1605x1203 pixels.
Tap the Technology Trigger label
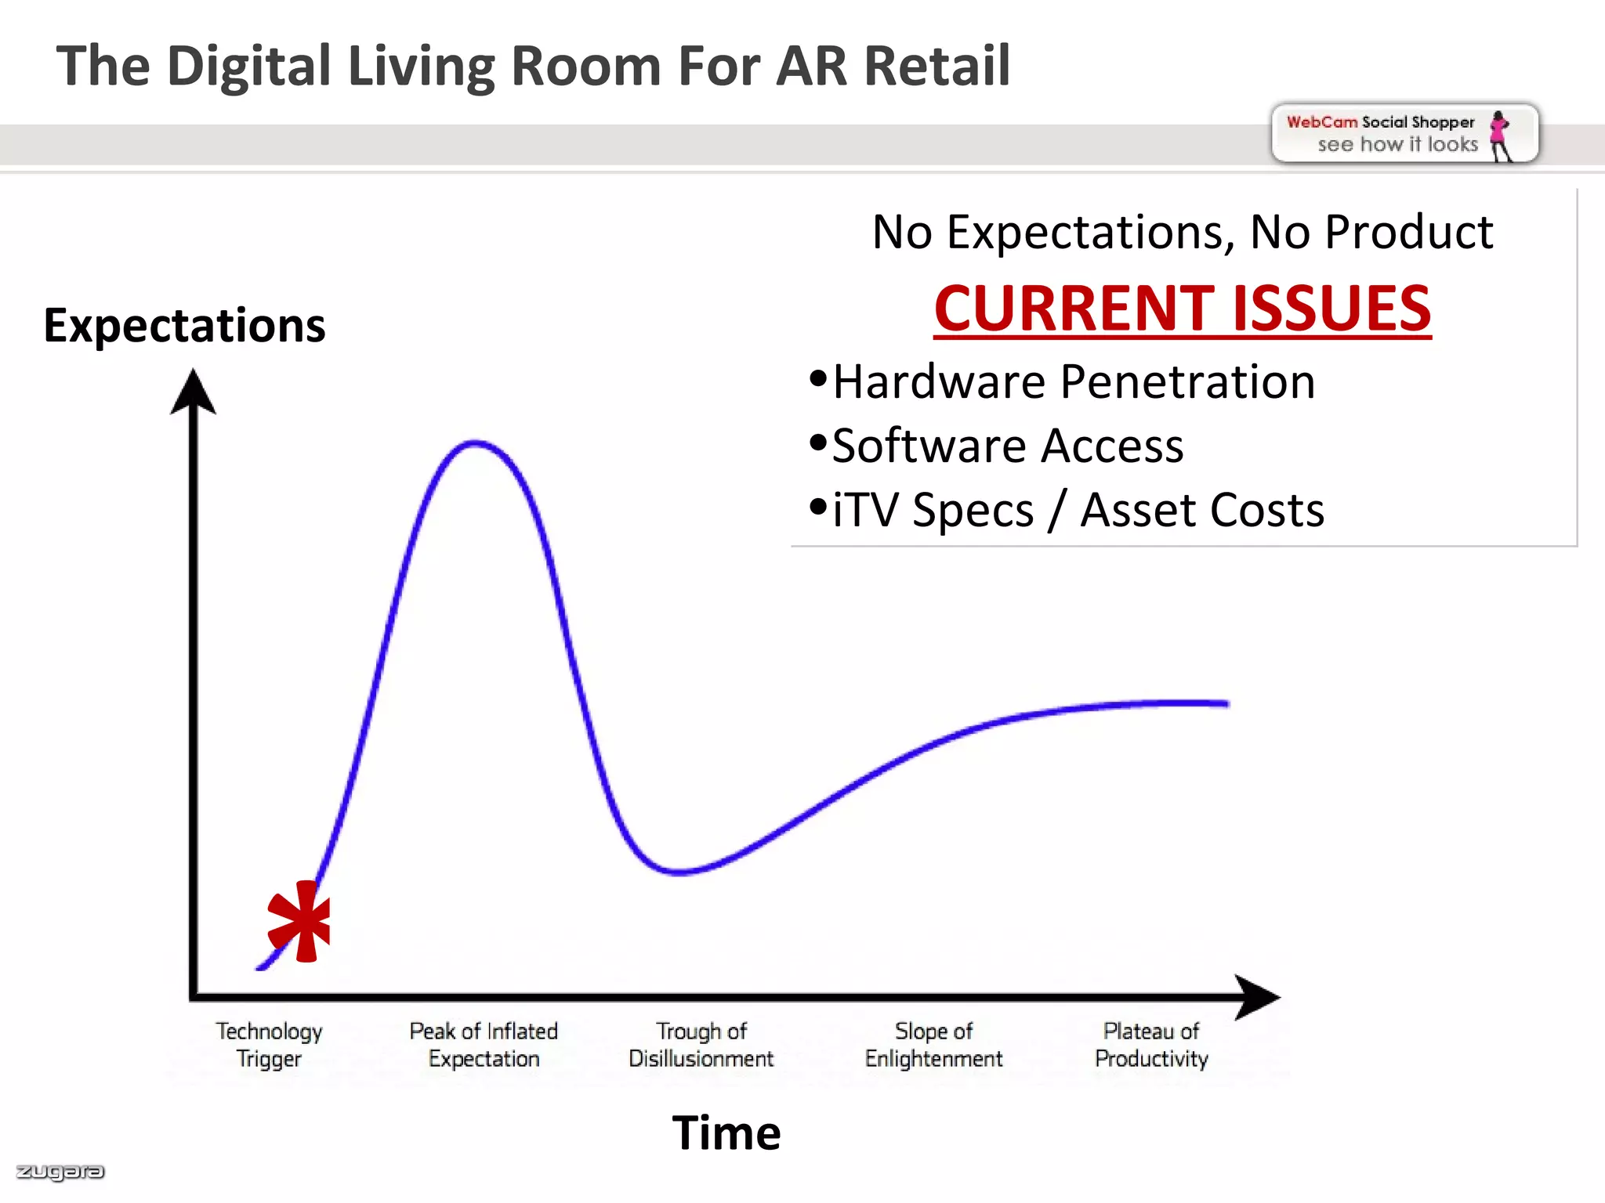point(269,1045)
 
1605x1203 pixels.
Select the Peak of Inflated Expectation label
point(484,1045)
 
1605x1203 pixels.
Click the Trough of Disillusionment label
point(701,1045)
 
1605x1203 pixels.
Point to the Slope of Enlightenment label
point(933,1045)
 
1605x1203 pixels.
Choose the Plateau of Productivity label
point(1151,1045)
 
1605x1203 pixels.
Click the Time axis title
point(726,1133)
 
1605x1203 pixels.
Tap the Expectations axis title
point(184,325)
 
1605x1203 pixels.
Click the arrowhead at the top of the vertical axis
point(193,391)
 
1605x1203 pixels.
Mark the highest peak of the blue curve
point(475,443)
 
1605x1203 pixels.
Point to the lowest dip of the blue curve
point(679,871)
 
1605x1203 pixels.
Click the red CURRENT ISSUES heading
point(1182,309)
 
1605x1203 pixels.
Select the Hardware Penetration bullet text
point(1073,382)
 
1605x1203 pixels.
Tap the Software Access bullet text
point(1007,446)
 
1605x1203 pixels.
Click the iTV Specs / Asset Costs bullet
point(1078,511)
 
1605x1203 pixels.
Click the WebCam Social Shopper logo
point(1404,134)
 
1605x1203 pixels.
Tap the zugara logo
point(60,1172)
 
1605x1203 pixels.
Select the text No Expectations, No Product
point(1182,233)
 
